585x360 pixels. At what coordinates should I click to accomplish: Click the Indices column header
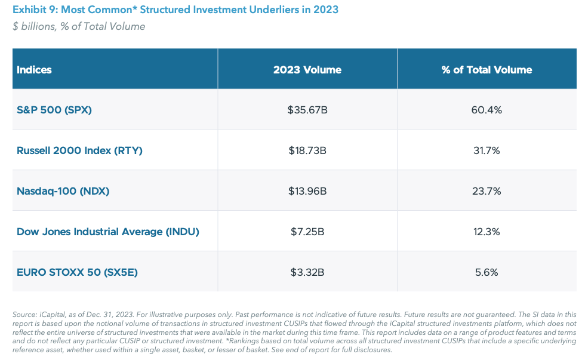[34, 70]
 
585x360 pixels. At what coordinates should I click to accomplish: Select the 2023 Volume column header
[307, 70]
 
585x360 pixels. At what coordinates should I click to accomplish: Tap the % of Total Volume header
[487, 70]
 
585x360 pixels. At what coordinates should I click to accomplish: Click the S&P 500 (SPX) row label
[54, 110]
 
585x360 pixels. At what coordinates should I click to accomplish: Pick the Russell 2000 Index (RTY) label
[79, 150]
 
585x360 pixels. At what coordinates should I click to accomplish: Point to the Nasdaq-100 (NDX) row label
[63, 191]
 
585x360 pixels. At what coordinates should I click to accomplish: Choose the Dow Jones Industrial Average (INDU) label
[107, 232]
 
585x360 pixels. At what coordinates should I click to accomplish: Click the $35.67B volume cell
[307, 110]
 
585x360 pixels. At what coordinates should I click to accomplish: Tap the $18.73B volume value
[307, 150]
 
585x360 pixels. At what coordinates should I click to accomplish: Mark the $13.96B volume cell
[307, 191]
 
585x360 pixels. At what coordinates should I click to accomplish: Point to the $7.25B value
[307, 232]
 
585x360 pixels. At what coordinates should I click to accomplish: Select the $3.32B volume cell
[307, 272]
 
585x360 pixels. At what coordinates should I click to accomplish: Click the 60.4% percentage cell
[487, 110]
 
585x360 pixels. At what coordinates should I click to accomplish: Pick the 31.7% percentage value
[487, 150]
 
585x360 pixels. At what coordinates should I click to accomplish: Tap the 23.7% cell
[487, 191]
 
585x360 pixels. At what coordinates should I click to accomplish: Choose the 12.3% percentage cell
[487, 232]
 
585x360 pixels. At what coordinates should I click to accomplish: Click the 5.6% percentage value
[487, 272]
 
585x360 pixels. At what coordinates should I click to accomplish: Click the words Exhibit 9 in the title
[33, 10]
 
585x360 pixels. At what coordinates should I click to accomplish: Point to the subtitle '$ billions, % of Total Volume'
[79, 26]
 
